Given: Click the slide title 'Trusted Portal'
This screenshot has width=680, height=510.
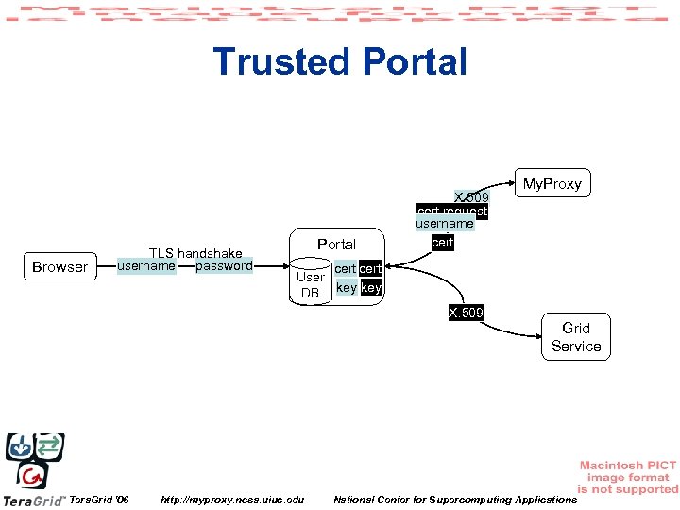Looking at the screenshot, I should (x=340, y=62).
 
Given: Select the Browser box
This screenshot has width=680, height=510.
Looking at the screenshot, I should (x=59, y=267).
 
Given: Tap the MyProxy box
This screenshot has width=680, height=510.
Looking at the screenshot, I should (x=552, y=183).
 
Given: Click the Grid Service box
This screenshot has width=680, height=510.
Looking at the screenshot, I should (x=576, y=337).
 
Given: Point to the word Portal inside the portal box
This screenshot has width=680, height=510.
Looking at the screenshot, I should (x=336, y=245).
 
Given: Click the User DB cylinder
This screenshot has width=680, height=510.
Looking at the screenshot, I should (x=310, y=284).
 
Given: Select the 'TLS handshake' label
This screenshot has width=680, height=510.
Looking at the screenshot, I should (x=196, y=253).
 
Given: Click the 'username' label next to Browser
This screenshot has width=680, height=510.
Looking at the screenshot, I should (x=145, y=266).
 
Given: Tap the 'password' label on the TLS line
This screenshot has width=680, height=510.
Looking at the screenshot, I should (x=224, y=266).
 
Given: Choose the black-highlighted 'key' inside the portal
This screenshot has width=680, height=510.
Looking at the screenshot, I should (x=371, y=287).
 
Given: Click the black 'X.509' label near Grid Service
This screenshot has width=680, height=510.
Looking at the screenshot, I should (x=466, y=313).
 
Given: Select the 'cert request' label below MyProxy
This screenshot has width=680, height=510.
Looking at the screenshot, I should (x=451, y=212).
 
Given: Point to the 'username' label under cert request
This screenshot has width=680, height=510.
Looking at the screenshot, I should (x=445, y=225).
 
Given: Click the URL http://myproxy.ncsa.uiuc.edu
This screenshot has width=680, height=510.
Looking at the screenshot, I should (x=233, y=499).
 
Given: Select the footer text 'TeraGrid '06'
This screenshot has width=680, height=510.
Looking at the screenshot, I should (x=100, y=499).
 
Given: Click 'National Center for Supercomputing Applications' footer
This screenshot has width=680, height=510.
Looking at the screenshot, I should (x=454, y=499).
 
